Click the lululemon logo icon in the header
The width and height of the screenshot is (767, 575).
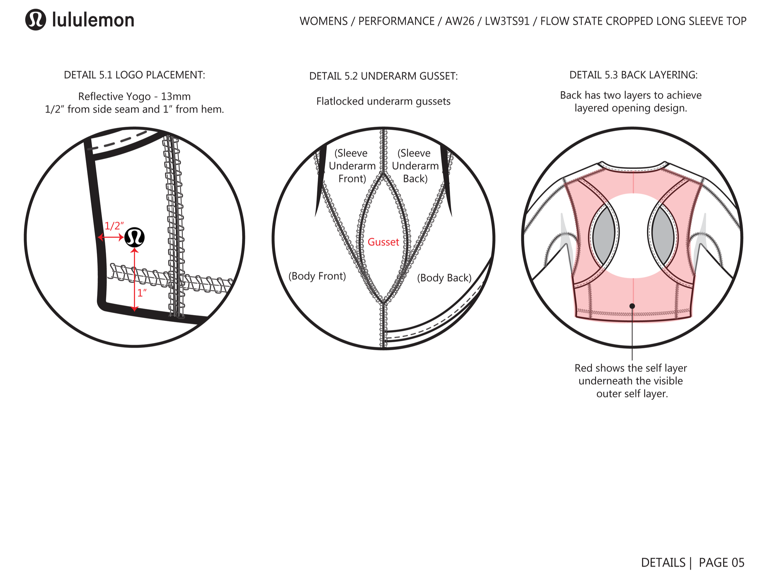coord(35,20)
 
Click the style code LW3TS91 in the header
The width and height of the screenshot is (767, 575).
coord(507,21)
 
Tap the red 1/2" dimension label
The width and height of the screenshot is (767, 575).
coord(114,226)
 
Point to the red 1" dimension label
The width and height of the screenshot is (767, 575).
coord(142,293)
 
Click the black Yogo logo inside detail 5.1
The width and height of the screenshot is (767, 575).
coord(135,237)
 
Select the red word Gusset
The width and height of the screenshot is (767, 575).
coord(383,242)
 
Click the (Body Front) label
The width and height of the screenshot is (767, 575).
coord(317,276)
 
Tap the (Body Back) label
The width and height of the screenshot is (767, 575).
coord(444,278)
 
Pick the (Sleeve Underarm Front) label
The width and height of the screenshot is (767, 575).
coord(352,166)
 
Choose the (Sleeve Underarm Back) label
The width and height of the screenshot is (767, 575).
coord(415,166)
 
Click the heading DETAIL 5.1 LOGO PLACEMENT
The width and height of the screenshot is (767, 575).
coord(135,75)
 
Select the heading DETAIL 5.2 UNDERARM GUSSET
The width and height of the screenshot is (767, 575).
coord(383,76)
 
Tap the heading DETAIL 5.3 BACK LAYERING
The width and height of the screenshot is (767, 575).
coord(633,75)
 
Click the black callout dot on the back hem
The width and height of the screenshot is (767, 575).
coord(632,306)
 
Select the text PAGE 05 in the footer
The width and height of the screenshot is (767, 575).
coord(721,562)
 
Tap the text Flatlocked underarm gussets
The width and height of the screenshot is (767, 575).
coord(383,101)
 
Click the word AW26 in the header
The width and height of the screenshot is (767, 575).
coord(460,21)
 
